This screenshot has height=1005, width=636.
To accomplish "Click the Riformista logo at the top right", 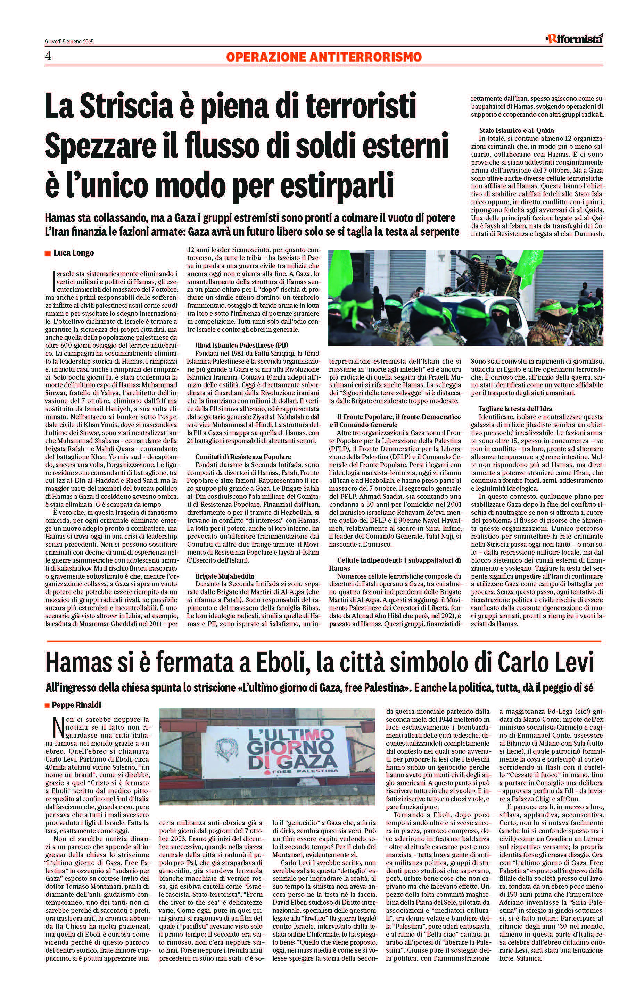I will point(574,39).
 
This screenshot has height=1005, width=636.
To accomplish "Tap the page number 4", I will point(48,56).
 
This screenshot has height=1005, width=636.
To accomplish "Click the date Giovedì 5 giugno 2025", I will point(69,41).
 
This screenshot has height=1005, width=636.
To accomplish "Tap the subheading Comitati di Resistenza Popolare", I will point(243,457).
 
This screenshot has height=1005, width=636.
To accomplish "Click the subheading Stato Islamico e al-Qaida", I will point(516,130).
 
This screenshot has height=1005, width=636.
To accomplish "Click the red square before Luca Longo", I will point(48,254).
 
